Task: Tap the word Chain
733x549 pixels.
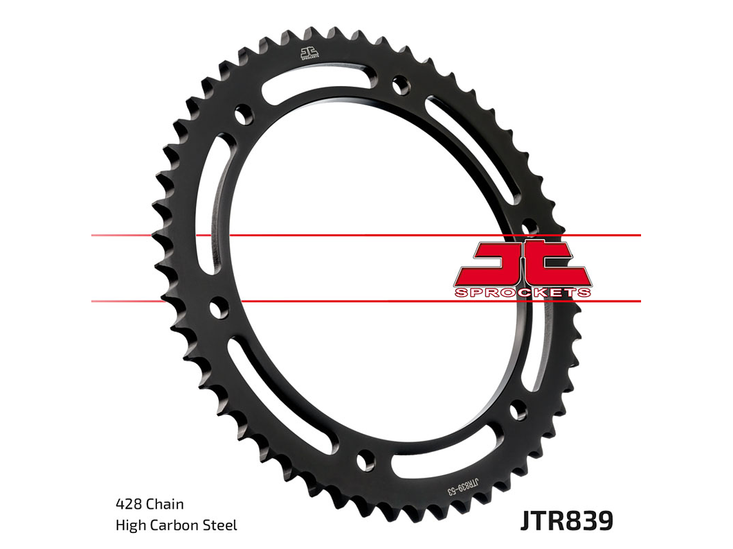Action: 165,504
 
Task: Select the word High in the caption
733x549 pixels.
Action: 129,525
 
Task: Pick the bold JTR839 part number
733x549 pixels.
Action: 566,521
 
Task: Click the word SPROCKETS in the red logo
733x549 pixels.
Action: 522,293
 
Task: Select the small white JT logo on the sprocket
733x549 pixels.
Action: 310,54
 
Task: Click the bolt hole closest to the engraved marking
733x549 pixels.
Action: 366,460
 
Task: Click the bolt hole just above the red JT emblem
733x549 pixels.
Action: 529,227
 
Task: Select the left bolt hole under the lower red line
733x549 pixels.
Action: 219,308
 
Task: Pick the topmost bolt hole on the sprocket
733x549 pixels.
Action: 400,84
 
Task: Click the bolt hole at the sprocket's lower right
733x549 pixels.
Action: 518,409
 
